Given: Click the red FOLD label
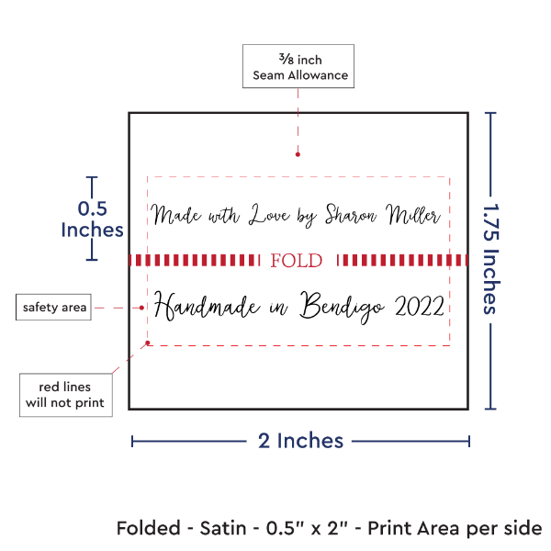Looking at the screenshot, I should tap(298, 261).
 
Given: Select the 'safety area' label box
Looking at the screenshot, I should tap(54, 307).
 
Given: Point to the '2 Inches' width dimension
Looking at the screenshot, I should tap(300, 441).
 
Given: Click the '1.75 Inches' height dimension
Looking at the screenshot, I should tap(491, 259).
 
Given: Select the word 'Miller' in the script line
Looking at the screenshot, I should tap(413, 215).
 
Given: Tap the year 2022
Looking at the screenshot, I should tap(419, 305).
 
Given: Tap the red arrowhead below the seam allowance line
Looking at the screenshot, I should tap(297, 155).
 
